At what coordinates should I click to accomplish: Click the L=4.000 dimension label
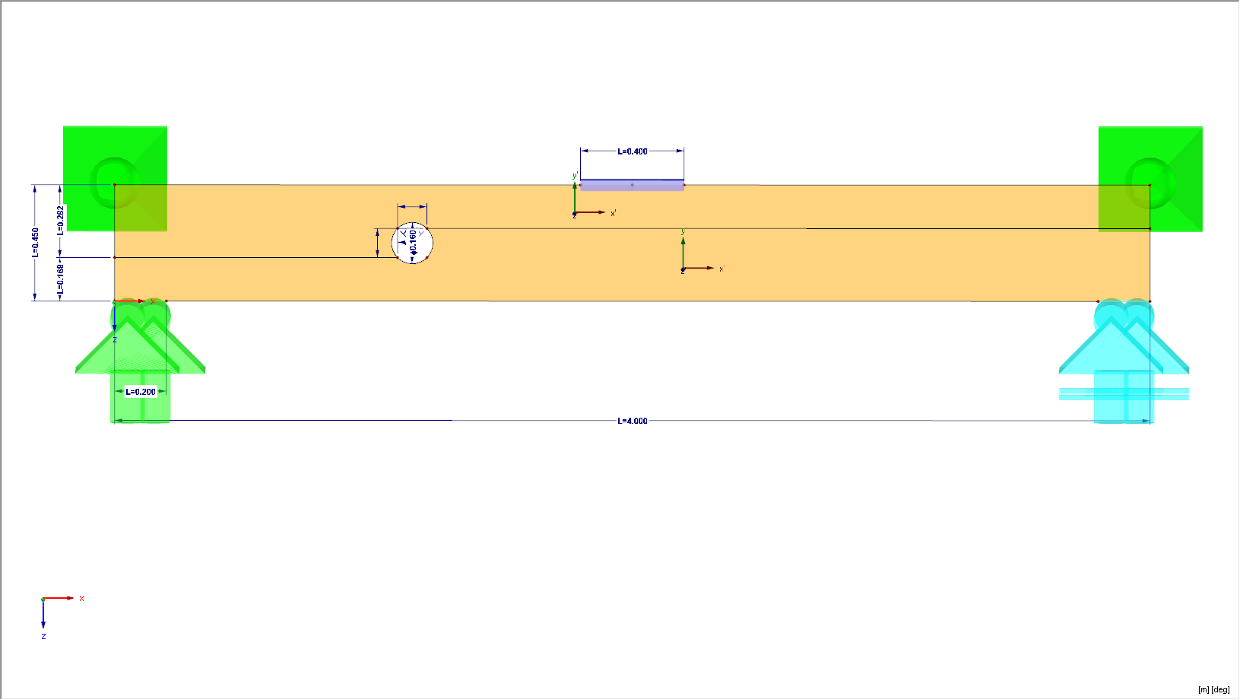632,421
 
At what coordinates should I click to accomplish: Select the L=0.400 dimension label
632,151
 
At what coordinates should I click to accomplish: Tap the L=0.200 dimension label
141,392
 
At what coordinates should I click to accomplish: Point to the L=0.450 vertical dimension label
35,243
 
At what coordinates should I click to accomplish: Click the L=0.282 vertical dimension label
61,220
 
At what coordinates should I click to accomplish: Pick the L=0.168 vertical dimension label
61,279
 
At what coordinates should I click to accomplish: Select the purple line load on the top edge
632,185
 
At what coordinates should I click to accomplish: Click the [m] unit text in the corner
1204,689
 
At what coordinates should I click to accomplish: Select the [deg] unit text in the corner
1220,689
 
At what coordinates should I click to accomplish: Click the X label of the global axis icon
81,599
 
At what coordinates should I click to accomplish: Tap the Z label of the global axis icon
43,636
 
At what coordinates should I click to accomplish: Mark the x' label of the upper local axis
614,213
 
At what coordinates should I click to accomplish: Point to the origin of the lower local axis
683,269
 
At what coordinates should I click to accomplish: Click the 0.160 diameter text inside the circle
413,241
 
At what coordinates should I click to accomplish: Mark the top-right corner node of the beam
1150,185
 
